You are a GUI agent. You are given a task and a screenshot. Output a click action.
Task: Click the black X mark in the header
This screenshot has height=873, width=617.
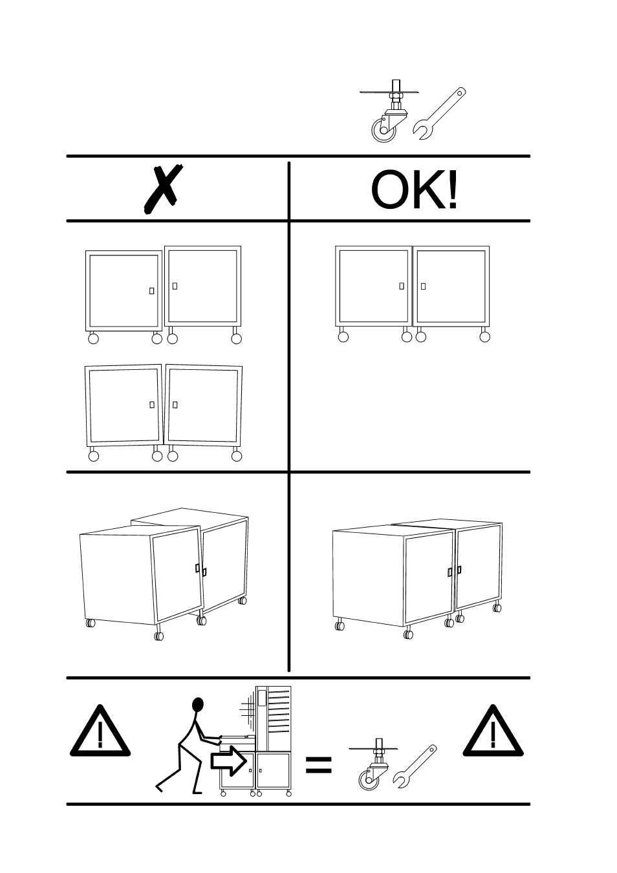[x=163, y=190]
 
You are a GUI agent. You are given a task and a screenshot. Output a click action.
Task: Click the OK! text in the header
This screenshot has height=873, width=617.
[x=415, y=190]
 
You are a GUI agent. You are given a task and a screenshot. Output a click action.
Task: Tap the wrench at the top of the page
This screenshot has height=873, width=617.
[x=439, y=114]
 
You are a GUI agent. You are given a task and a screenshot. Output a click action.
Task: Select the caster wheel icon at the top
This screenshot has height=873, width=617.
[x=388, y=111]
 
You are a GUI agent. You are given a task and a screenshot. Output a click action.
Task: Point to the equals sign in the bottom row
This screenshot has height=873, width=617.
[x=318, y=764]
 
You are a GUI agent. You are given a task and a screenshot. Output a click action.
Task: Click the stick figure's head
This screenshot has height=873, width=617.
[x=198, y=705]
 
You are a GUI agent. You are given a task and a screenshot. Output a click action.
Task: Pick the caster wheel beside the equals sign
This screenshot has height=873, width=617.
[x=373, y=765]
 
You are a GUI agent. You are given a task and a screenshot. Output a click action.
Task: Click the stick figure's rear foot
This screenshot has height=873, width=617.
[x=159, y=787]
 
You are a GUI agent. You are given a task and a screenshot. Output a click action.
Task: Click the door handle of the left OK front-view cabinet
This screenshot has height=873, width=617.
[x=402, y=286]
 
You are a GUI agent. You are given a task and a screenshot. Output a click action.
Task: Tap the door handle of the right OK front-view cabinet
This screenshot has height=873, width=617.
[x=423, y=286]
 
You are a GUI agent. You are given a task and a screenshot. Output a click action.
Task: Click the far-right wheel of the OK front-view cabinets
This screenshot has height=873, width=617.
[x=485, y=337]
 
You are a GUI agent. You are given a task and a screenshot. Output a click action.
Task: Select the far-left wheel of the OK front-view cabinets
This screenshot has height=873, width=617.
[x=343, y=337]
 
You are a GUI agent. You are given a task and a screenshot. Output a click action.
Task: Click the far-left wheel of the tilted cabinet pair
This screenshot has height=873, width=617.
[x=94, y=456]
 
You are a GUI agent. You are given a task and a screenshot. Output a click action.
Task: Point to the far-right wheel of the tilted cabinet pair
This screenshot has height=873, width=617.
[x=237, y=456]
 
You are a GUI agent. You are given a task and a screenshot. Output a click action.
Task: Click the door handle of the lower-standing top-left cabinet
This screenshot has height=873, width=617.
[x=151, y=291]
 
